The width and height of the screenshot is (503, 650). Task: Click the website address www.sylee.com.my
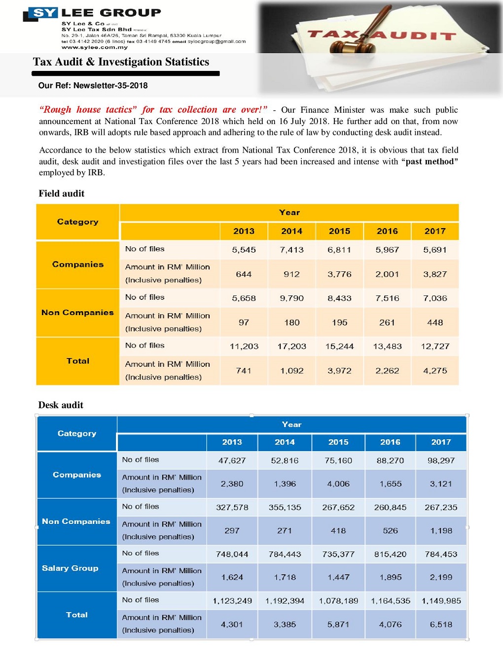coord(95,47)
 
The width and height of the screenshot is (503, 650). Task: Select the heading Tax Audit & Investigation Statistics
coord(121,62)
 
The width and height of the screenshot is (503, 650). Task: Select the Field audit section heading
coord(62,194)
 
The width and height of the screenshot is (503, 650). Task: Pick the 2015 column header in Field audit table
coord(339,231)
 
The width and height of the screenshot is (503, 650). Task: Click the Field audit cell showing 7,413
coord(291,250)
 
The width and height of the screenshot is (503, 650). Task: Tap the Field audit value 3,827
coord(435,274)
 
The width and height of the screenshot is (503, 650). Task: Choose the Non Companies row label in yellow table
coord(77,313)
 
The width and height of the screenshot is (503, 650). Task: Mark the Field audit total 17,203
coord(291,346)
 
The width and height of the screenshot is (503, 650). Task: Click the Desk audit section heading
coord(61,405)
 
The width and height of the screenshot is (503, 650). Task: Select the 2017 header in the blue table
coord(441,442)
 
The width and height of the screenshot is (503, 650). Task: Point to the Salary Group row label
coord(70,568)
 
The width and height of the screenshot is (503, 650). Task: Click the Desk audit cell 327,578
coord(232,507)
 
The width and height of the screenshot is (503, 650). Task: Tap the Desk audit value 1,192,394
coord(285,601)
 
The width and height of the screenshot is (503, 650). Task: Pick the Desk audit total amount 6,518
coord(441,624)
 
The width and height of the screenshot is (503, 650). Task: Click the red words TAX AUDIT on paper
coord(382,35)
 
